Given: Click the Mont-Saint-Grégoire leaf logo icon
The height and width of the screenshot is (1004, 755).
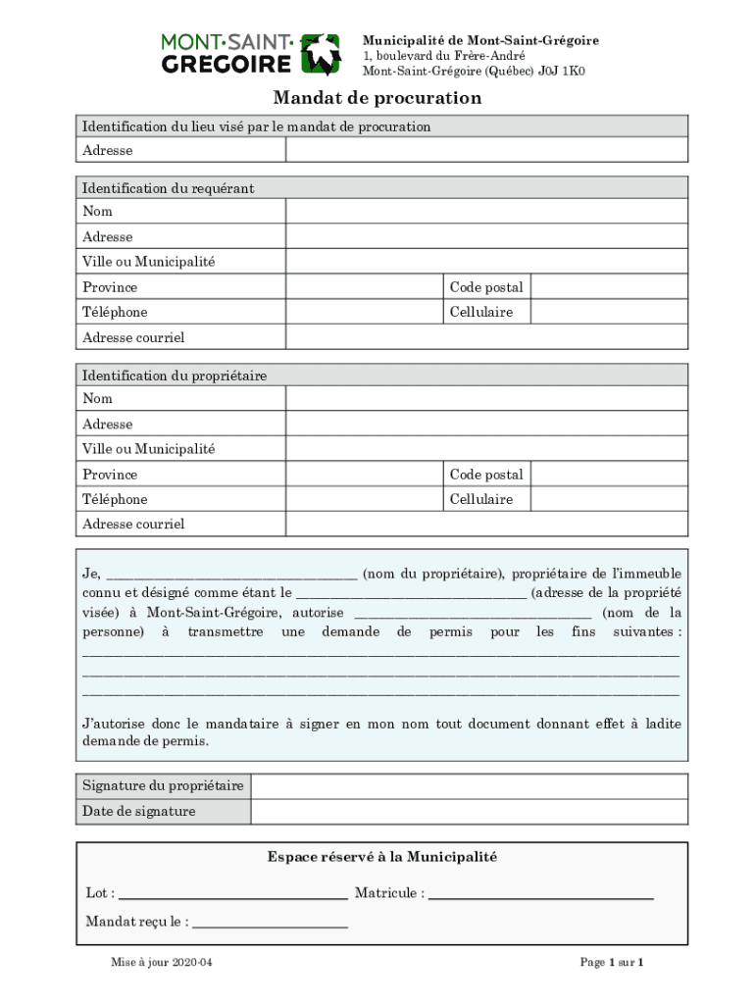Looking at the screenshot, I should [x=320, y=55].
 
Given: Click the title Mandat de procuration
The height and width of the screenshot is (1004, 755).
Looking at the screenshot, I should [x=377, y=98].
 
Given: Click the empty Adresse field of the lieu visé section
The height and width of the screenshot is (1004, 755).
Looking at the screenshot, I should [x=486, y=150].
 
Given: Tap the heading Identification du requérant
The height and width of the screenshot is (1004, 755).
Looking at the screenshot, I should [x=168, y=188].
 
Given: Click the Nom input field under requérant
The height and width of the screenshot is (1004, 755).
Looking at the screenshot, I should [x=486, y=212].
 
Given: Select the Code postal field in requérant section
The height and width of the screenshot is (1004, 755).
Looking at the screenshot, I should [x=609, y=287].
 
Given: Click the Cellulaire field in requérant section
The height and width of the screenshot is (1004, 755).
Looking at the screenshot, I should [x=609, y=312].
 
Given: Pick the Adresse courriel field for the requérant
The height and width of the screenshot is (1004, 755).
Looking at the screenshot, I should [x=486, y=337].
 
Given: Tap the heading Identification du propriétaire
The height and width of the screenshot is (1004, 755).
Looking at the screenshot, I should [x=175, y=376].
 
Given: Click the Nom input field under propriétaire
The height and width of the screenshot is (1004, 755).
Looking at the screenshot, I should [x=486, y=398].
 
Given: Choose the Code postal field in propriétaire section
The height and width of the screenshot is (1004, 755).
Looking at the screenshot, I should [x=609, y=475].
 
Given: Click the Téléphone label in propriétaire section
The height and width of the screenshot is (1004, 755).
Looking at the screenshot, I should [x=115, y=499].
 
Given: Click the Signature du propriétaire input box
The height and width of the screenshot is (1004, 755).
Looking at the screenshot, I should [x=469, y=786].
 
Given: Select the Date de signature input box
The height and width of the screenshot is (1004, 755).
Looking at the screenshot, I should [x=469, y=812].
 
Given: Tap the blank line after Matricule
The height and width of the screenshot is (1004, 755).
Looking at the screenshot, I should [x=540, y=895].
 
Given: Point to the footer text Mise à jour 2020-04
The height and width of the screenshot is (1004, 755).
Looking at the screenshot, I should [x=162, y=963].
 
